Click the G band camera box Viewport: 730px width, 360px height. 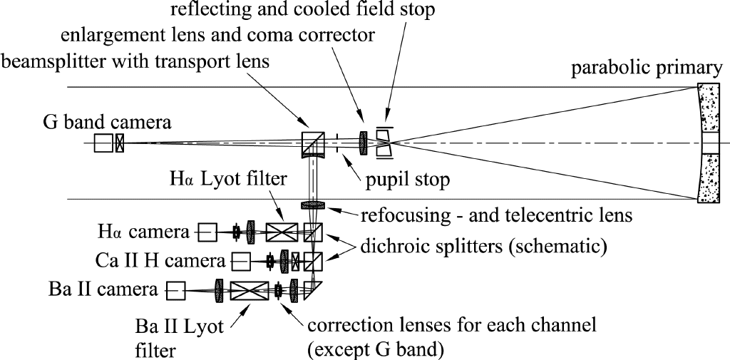(103, 143)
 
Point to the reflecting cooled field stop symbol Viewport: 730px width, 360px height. (384, 143)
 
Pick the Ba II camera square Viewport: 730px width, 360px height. (175, 290)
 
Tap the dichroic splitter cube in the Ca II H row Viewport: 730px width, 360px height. (314, 262)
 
